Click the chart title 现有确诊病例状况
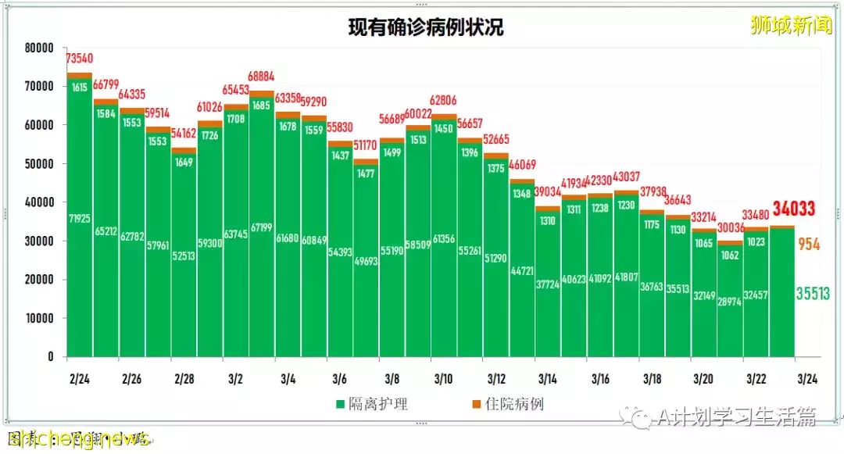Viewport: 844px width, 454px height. pyautogui.click(x=425, y=28)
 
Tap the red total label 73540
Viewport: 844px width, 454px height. pyautogui.click(x=80, y=59)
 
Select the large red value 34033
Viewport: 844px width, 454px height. pyautogui.click(x=794, y=209)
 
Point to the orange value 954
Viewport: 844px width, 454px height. pyautogui.click(x=809, y=245)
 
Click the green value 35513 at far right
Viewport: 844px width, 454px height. pyautogui.click(x=813, y=294)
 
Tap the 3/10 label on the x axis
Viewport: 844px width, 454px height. pyautogui.click(x=443, y=379)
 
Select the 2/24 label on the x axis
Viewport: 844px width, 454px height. pyautogui.click(x=78, y=379)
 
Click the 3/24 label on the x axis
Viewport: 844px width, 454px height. pyautogui.click(x=806, y=379)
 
